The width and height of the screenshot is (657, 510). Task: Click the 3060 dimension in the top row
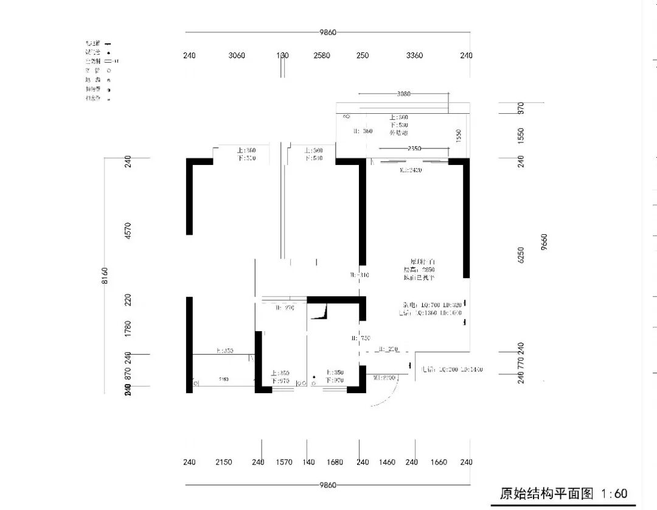click(237, 55)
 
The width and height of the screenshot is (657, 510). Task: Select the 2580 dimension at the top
click(322, 55)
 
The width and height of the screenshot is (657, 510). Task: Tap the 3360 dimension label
click(414, 55)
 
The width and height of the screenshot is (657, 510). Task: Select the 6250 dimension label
click(521, 256)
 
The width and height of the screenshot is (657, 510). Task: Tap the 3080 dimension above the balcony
click(403, 94)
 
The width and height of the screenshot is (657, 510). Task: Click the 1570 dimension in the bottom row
click(283, 462)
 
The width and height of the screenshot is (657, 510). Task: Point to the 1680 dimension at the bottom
click(335, 462)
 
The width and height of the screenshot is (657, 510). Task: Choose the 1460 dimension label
click(388, 462)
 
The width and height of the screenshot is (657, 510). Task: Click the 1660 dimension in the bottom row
click(438, 462)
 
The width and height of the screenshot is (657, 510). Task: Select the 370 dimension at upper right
click(521, 108)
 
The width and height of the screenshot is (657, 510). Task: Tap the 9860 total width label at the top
click(327, 32)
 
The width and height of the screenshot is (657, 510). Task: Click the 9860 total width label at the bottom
click(327, 485)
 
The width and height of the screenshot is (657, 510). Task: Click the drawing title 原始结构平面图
click(546, 494)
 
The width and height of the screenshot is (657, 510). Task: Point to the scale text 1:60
click(614, 494)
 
